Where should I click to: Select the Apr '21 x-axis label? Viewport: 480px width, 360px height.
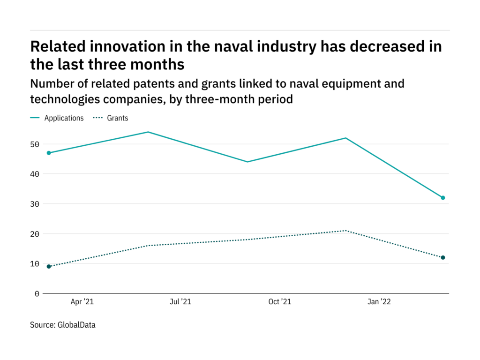tap(82, 302)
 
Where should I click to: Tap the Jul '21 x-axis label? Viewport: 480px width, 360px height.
tap(180, 302)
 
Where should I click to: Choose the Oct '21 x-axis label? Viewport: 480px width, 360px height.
tap(280, 302)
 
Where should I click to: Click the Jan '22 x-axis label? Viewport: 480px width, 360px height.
tap(379, 302)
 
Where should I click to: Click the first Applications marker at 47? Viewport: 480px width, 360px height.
tap(49, 153)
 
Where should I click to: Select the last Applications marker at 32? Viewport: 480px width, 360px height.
tap(442, 198)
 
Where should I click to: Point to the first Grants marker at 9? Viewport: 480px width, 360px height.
tap(49, 267)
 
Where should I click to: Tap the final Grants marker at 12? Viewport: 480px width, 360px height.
tap(442, 257)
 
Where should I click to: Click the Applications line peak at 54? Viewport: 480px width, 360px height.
tap(148, 132)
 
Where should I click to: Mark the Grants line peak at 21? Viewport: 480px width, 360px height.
tap(345, 231)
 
